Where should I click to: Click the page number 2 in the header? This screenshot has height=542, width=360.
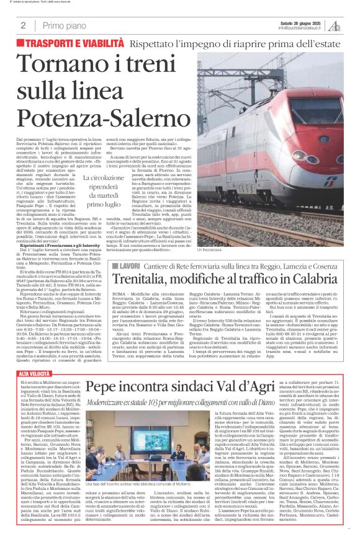23,25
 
